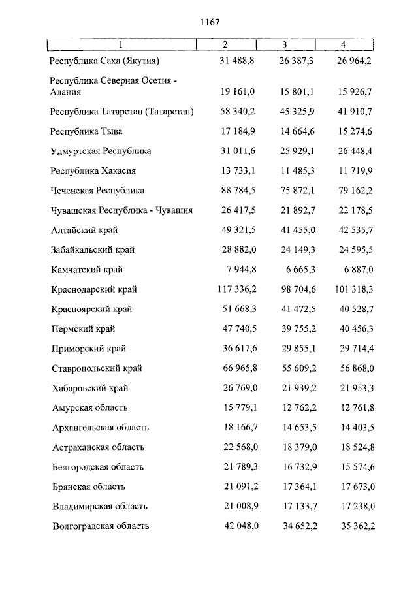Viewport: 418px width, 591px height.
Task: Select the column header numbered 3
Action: [x=285, y=45]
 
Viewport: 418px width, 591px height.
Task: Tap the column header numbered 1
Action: [x=120, y=45]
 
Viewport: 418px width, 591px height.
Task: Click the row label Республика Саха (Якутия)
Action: [x=105, y=61]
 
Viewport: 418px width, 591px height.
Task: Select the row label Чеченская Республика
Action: [x=97, y=191]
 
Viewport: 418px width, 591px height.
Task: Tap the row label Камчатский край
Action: [x=87, y=270]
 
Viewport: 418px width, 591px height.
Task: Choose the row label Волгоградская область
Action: [x=101, y=526]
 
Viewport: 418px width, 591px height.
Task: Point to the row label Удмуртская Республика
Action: [x=101, y=151]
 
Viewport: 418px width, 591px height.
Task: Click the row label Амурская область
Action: [x=90, y=407]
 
